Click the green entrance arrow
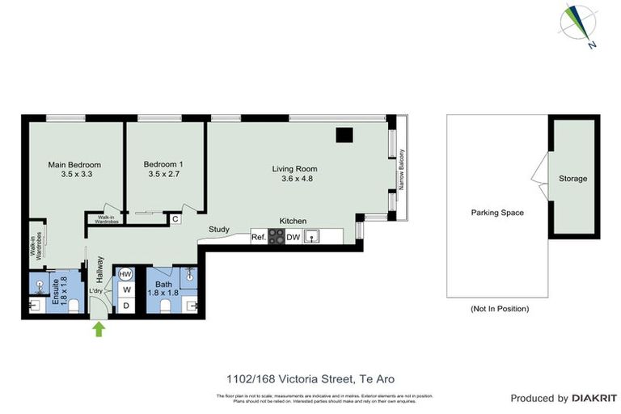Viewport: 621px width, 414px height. [99, 328]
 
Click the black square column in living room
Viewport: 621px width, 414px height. [344, 135]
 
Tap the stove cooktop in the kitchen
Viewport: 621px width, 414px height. [277, 237]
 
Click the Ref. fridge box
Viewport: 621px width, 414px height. [259, 237]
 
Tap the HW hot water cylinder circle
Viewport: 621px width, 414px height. [125, 274]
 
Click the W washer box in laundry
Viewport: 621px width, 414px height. [126, 289]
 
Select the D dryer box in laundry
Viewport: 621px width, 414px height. [126, 305]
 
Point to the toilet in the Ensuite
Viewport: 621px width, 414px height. [73, 305]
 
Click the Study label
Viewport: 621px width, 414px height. [219, 229]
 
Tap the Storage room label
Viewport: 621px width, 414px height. [572, 179]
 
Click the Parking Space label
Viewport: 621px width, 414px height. [497, 213]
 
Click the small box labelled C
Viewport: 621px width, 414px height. [175, 217]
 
